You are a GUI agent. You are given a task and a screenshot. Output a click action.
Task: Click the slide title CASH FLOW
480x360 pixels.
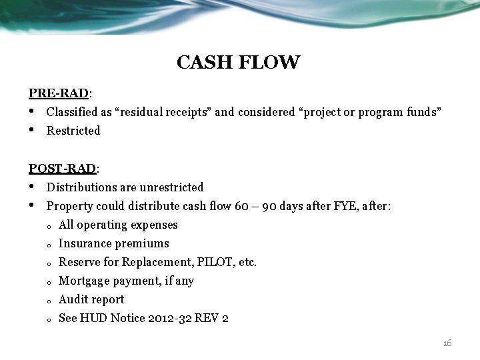click(x=238, y=63)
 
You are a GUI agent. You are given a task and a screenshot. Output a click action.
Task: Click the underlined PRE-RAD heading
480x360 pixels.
click(x=59, y=93)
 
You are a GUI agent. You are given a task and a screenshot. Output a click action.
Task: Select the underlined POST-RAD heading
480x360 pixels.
click(x=63, y=169)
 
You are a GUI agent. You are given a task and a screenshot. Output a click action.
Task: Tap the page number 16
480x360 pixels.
click(x=447, y=343)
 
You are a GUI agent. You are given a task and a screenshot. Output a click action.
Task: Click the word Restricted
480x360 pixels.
click(x=73, y=131)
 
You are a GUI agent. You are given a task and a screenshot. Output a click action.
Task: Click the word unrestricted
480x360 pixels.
click(x=170, y=187)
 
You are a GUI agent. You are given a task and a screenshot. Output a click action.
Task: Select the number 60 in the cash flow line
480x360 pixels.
click(x=243, y=206)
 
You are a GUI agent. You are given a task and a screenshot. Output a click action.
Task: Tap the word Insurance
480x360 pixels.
click(x=83, y=243)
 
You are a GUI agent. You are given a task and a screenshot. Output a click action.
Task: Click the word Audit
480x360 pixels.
click(x=73, y=299)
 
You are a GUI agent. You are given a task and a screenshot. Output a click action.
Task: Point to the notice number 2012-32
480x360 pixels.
click(x=185, y=318)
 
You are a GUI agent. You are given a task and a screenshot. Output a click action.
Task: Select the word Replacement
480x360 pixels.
click(x=153, y=262)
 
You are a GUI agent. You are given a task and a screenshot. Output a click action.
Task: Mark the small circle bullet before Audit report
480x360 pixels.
click(x=50, y=301)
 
